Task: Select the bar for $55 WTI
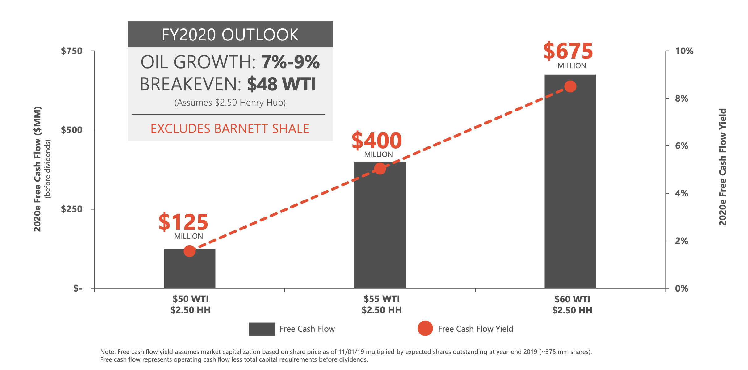click(x=380, y=229)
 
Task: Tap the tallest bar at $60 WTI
click(x=570, y=185)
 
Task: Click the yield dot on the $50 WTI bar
click(x=189, y=251)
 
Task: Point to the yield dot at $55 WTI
click(x=380, y=169)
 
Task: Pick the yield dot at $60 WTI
click(x=570, y=86)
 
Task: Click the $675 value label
click(x=568, y=52)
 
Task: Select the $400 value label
click(x=377, y=141)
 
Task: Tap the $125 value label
click(x=183, y=222)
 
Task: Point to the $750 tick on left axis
click(x=72, y=51)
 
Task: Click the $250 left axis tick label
click(x=72, y=209)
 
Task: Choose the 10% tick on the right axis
click(x=684, y=51)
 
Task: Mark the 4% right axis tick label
click(x=681, y=193)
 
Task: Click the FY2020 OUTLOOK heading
click(x=230, y=35)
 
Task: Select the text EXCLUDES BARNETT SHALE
click(x=230, y=129)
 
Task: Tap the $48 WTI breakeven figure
click(x=282, y=84)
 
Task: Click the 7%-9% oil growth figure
click(x=290, y=62)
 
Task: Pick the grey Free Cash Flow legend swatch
click(x=262, y=329)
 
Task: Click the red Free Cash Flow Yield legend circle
click(x=425, y=328)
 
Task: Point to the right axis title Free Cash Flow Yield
click(x=723, y=167)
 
